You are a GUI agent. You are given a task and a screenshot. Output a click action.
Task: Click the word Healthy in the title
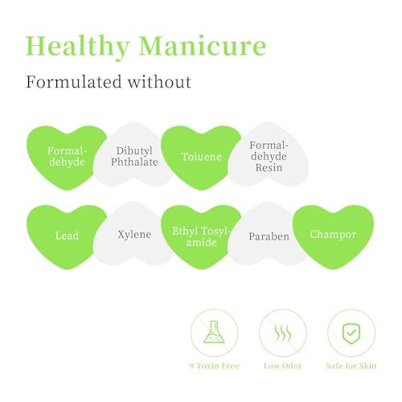click(78, 47)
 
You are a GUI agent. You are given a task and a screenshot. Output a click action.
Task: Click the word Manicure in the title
click(203, 46)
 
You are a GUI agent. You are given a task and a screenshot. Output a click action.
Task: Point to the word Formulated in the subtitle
click(73, 82)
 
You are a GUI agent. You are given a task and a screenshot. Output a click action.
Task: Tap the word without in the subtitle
click(159, 82)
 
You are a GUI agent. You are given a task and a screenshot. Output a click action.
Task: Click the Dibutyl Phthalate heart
click(134, 155)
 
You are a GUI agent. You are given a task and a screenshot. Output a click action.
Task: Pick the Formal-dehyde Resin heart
click(269, 155)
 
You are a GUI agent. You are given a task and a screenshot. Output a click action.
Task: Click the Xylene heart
click(134, 234)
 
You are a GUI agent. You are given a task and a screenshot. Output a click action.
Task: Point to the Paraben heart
click(268, 234)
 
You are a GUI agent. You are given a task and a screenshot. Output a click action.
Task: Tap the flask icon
click(214, 332)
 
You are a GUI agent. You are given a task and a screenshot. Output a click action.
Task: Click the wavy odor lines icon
click(283, 333)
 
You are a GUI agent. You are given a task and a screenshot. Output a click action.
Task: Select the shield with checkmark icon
click(351, 333)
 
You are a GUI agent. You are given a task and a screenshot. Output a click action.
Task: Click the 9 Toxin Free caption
click(214, 366)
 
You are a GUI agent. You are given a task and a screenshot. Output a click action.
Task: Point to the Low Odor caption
click(283, 366)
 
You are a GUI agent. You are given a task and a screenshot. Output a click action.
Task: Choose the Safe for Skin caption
click(351, 366)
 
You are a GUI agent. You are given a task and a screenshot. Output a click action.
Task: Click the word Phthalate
click(134, 162)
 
